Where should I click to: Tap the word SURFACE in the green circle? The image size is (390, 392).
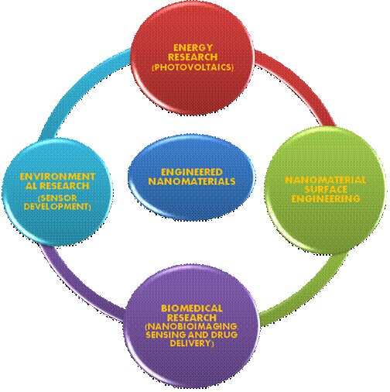(x=322, y=190)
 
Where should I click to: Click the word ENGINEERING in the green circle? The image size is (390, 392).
(x=322, y=199)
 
